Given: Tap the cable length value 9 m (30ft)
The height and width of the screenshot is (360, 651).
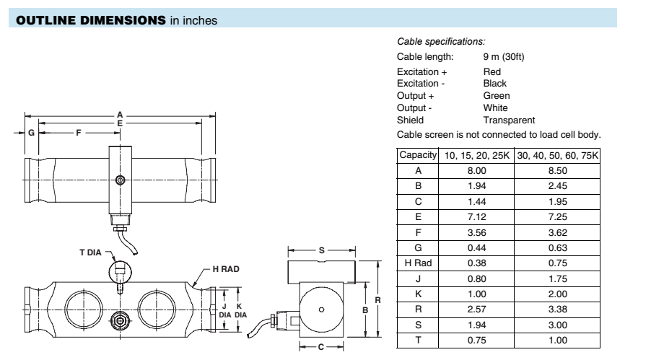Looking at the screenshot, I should coord(504,57).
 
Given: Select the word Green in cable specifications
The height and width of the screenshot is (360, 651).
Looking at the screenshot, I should coord(496,95).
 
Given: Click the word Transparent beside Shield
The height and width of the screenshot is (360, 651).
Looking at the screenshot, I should coord(509,120).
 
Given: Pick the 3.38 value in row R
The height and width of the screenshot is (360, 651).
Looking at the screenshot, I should coord(560,309).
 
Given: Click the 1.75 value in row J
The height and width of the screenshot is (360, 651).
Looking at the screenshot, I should coord(560,281).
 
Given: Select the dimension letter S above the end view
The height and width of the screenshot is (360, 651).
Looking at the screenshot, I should coord(320,251).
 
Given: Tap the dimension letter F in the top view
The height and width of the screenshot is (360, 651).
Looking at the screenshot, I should coord(77,133).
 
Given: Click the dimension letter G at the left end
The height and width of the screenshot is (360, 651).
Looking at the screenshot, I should coord(32,133).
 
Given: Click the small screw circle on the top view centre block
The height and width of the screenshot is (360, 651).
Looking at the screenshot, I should coord(120,180).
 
